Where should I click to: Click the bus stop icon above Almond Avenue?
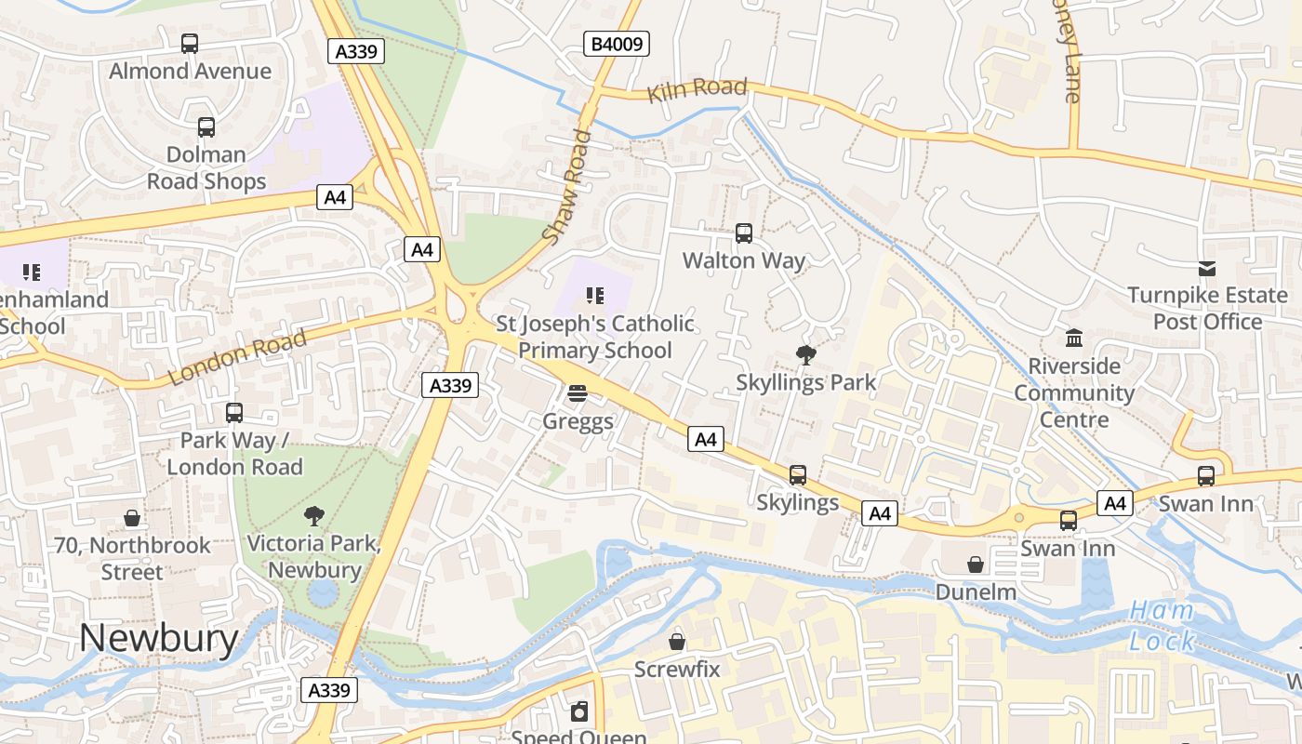coord(190,43)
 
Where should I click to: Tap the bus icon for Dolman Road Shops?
coord(206,127)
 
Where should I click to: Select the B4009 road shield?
coord(618,44)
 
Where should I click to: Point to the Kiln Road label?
coord(697,89)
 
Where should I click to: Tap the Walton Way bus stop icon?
coord(744,233)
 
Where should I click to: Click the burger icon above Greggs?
coord(578,393)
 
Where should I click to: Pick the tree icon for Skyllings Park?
coord(805,354)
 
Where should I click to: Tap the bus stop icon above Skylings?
coord(798,475)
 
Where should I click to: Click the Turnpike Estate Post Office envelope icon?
coord(1207,269)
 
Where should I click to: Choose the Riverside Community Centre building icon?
coord(1074,338)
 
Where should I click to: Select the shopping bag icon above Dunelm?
coord(976,565)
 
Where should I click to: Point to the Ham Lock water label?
coord(1162,626)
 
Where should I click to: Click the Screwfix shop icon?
coord(677,642)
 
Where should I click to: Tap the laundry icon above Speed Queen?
coord(579,712)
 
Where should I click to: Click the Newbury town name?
coord(158,638)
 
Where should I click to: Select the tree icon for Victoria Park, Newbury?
coord(314,515)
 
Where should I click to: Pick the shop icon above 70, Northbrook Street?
coord(132,518)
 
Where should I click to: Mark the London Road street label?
coord(237,357)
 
